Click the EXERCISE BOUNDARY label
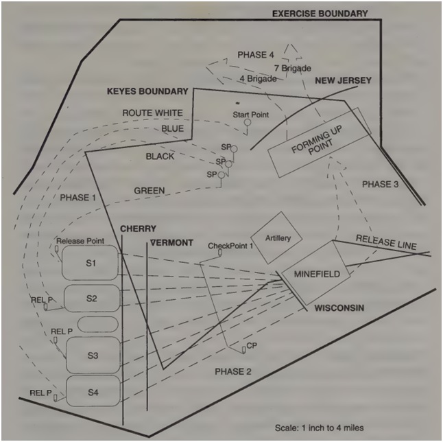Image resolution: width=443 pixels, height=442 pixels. [x=320, y=13]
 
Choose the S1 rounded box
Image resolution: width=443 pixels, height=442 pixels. [x=91, y=264]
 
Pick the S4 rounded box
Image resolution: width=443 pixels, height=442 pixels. [x=93, y=392]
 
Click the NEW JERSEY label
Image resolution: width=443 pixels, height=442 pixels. [x=343, y=81]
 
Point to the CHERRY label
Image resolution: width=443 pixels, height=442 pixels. [x=138, y=229]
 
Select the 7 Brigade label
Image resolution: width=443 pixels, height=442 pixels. [x=293, y=69]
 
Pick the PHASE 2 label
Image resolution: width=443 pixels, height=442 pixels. [x=235, y=371]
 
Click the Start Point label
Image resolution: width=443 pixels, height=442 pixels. [x=250, y=113]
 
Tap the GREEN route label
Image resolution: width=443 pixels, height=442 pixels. [x=149, y=190]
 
